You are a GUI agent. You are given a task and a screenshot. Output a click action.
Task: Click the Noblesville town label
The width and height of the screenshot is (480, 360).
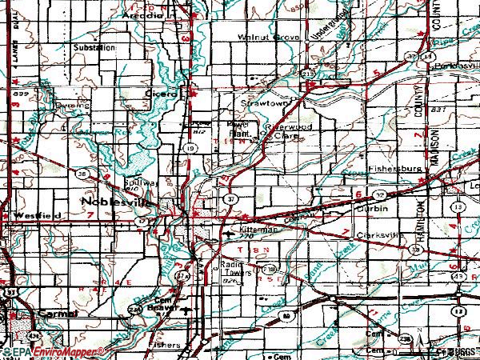click(114, 202)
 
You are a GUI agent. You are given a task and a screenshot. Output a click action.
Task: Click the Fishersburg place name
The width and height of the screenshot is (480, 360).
click(392, 170)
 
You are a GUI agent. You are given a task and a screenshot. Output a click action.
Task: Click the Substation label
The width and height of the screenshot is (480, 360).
click(94, 47)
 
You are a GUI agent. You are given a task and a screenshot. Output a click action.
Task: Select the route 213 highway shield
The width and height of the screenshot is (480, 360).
click(308, 74)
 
